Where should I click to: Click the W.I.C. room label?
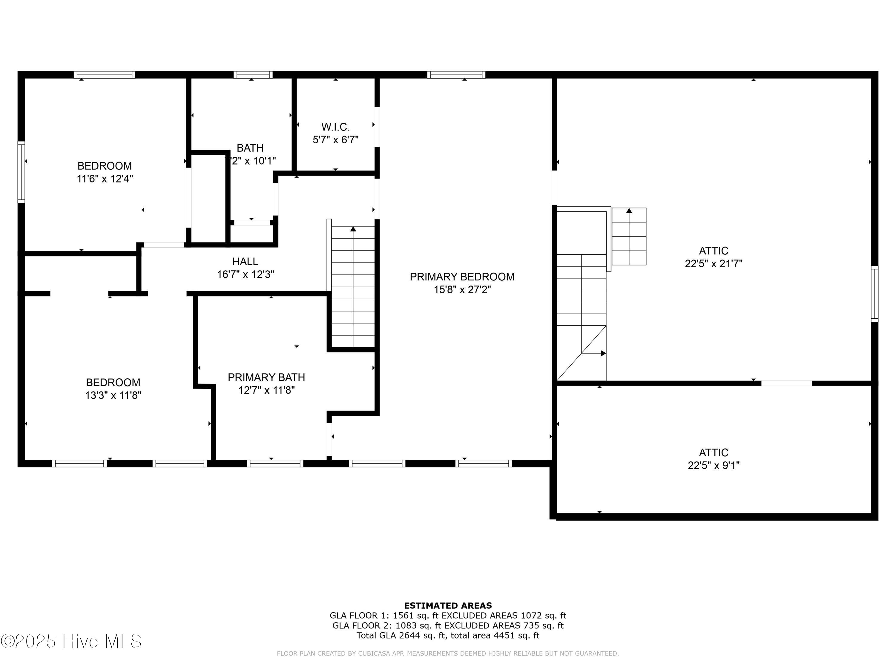pyautogui.click(x=335, y=127)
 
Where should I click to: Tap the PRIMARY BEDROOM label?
pyautogui.click(x=462, y=277)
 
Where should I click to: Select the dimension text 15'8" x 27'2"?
pyautogui.click(x=462, y=290)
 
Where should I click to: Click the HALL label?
pyautogui.click(x=245, y=261)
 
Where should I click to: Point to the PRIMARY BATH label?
pyautogui.click(x=266, y=377)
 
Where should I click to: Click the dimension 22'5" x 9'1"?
pyautogui.click(x=713, y=465)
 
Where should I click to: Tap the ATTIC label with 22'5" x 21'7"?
pyautogui.click(x=713, y=251)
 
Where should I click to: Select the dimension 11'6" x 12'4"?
pyautogui.click(x=105, y=179)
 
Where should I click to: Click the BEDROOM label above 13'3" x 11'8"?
pyautogui.click(x=113, y=382)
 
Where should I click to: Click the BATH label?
pyautogui.click(x=250, y=148)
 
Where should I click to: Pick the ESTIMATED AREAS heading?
pyautogui.click(x=448, y=606)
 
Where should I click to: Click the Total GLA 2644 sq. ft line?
pyautogui.click(x=448, y=635)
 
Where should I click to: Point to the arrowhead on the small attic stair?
pyautogui.click(x=629, y=211)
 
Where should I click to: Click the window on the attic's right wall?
pyautogui.click(x=874, y=294)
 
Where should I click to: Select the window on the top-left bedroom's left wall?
pyautogui.click(x=21, y=172)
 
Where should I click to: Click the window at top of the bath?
pyautogui.click(x=253, y=75)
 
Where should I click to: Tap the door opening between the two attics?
pyautogui.click(x=786, y=383)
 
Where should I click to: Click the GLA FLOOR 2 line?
pyautogui.click(x=448, y=625)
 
